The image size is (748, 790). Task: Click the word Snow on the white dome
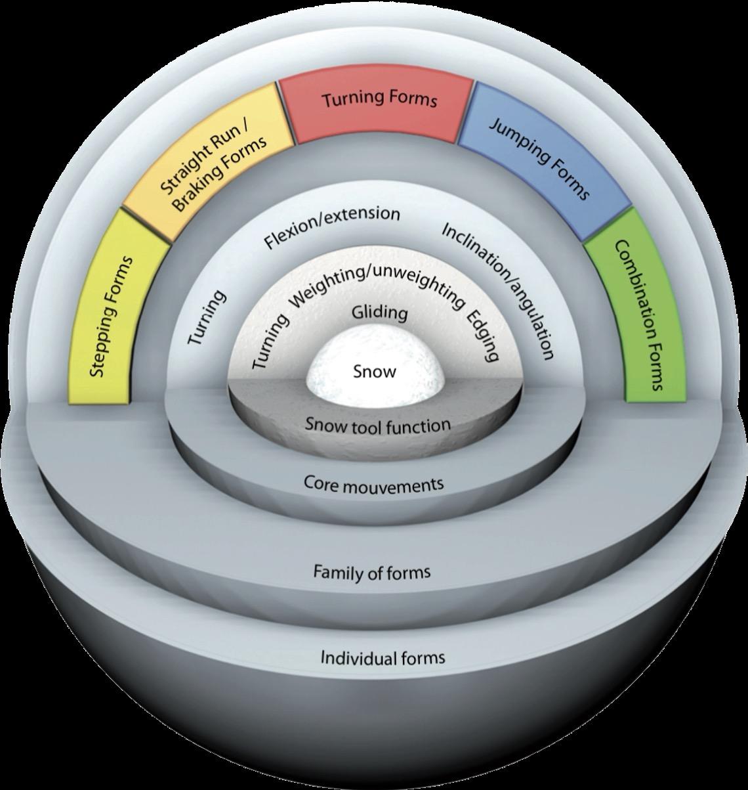point(375,372)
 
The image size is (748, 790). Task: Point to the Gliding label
point(379,313)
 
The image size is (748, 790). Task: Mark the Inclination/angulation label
point(499,290)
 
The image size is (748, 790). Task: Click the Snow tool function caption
point(377,425)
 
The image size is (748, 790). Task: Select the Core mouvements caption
point(373,485)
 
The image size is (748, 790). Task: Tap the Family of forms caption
point(371,573)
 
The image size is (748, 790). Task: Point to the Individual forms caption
point(383,657)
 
